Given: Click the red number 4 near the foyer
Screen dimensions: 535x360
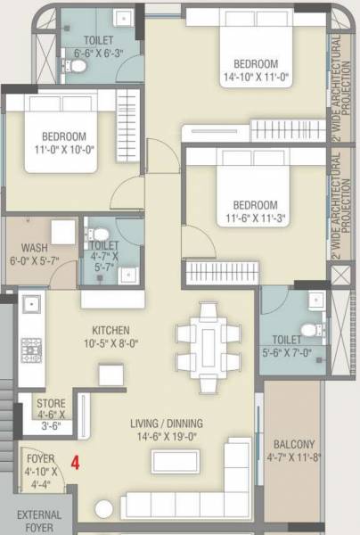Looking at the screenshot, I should coord(76,463).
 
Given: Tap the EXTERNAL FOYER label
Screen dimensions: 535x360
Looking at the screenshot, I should coord(39,521).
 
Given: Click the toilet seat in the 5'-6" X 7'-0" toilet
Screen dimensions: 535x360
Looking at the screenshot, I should coord(309,331).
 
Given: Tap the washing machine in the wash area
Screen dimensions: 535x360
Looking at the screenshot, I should coord(61,231).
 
